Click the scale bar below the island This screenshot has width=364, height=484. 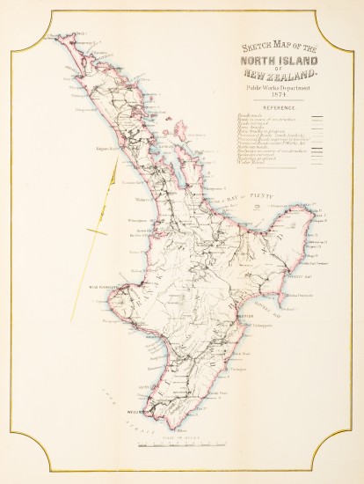(182, 446)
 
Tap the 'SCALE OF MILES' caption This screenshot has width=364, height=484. (182, 438)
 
